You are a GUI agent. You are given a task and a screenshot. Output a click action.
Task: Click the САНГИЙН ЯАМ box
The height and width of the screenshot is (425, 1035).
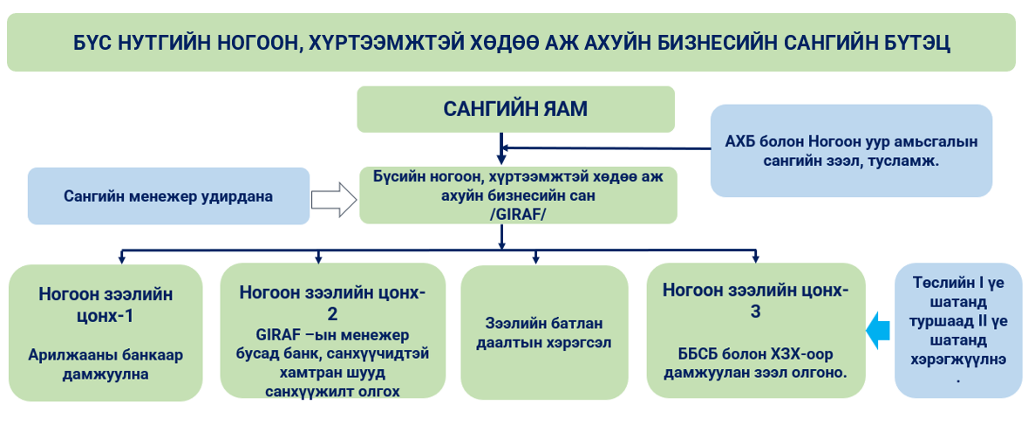[515, 109]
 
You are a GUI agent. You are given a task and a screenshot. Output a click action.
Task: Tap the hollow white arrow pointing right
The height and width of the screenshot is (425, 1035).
[334, 199]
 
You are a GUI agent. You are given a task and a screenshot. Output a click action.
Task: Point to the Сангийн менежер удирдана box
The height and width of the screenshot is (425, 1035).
[168, 196]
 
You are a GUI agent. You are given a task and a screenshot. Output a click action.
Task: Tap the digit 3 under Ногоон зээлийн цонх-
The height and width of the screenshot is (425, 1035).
[755, 312]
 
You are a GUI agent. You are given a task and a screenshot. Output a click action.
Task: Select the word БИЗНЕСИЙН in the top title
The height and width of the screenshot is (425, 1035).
[664, 43]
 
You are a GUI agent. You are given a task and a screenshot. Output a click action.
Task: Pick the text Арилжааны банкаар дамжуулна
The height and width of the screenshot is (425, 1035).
[106, 364]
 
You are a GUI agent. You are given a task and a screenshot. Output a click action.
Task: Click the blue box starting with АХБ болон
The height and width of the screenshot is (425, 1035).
[851, 151]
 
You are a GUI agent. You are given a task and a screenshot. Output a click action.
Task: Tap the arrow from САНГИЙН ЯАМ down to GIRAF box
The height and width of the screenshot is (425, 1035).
[501, 148]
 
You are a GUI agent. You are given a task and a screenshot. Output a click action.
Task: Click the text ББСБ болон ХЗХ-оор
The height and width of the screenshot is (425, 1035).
[756, 353]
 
